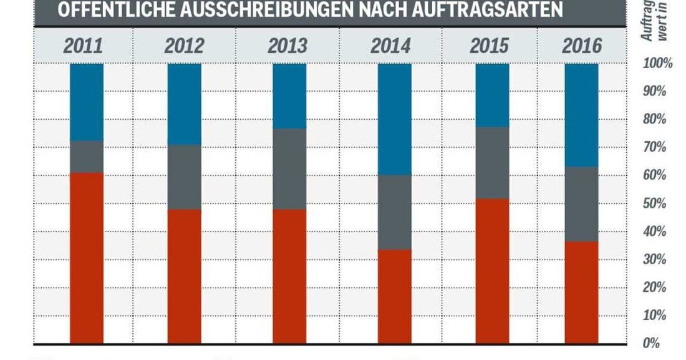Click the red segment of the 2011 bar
[x=87, y=258]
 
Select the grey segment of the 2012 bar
[x=185, y=177]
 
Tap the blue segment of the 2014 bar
[x=395, y=119]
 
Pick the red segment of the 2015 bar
[x=492, y=271]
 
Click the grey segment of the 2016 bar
[x=581, y=204]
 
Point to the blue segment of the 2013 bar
[x=289, y=96]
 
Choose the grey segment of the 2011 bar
[x=87, y=157]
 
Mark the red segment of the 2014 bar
[x=395, y=296]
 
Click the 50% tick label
[x=654, y=204]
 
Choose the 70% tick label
[x=654, y=148]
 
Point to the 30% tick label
[x=654, y=260]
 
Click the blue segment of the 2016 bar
[x=581, y=115]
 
